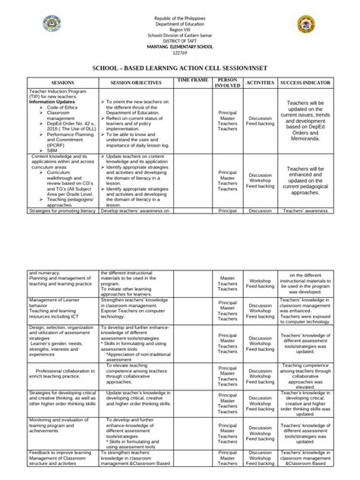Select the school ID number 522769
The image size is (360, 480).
pyautogui.click(x=180, y=51)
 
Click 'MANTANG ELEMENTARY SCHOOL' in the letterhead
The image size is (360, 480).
pyautogui.click(x=180, y=45)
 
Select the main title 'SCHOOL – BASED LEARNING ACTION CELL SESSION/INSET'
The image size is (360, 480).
pyautogui.click(x=180, y=65)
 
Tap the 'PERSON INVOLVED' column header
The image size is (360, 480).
pyautogui.click(x=228, y=81)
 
